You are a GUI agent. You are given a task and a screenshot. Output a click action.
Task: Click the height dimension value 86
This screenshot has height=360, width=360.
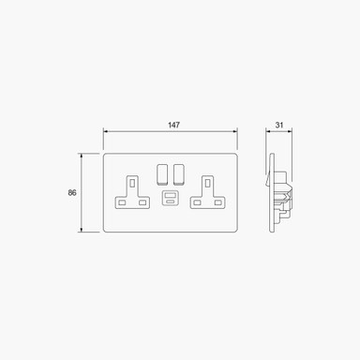[x=72, y=192]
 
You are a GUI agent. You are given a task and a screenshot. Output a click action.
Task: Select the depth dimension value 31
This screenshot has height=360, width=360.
[x=280, y=123]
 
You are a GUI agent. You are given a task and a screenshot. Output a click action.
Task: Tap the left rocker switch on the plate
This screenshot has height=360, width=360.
[x=161, y=172]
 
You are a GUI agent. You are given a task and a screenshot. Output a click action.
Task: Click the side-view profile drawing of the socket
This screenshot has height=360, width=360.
[x=277, y=192]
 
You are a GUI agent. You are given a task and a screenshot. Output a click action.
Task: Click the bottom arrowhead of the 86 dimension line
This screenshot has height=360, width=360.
[x=84, y=231]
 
